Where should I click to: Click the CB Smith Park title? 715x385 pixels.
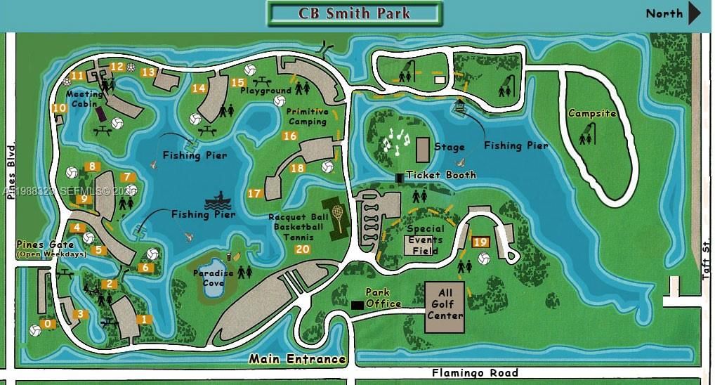coord(354,13)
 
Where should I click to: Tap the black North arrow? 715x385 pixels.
coord(694,13)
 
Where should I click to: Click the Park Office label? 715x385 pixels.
coord(383,298)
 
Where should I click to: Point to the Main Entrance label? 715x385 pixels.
coord(298,359)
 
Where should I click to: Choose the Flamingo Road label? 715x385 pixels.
coord(475,373)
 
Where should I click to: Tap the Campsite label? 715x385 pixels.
coord(591,113)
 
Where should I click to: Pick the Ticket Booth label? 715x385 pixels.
coord(441,174)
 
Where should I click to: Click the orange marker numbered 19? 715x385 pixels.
coord(481,242)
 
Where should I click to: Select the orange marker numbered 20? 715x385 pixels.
coord(303,249)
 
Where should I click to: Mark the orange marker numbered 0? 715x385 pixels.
coord(48,324)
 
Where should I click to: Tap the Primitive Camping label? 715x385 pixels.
coord(308,116)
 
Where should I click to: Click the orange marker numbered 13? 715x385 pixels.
coord(147,72)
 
